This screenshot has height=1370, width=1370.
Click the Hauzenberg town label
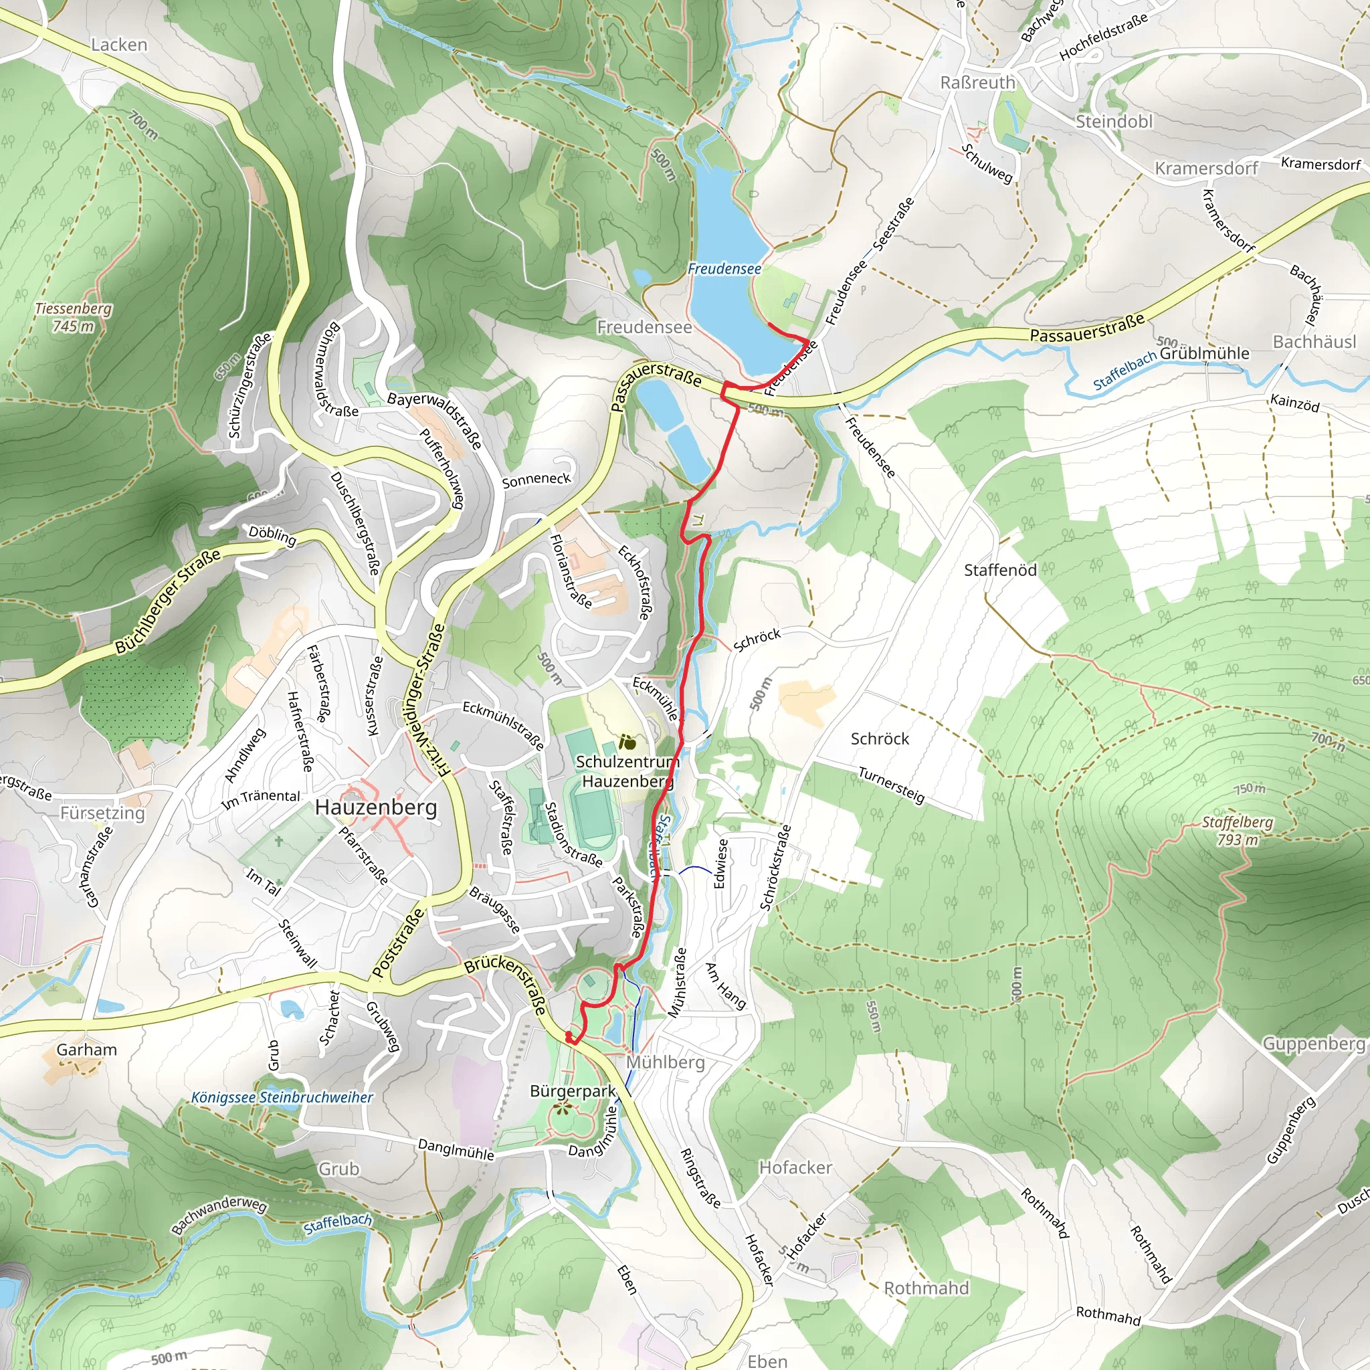point(376,807)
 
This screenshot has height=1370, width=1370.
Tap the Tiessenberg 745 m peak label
point(73,317)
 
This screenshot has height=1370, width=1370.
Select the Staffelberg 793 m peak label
point(1238,830)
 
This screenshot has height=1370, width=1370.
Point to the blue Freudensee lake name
point(724,269)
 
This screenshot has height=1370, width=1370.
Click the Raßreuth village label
point(977,83)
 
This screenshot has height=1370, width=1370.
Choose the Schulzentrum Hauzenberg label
point(627,771)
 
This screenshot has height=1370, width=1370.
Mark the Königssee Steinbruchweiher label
point(282,1097)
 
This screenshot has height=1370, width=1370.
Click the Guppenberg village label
point(1313,1043)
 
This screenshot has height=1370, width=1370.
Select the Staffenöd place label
point(1000,570)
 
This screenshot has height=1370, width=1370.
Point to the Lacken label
point(119,45)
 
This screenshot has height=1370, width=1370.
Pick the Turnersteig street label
point(891,785)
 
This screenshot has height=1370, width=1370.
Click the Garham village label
point(86,1050)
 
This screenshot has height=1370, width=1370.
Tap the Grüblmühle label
point(1204,353)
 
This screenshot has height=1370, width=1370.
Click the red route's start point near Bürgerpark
point(569,1039)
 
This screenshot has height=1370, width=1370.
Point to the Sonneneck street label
point(536,480)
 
